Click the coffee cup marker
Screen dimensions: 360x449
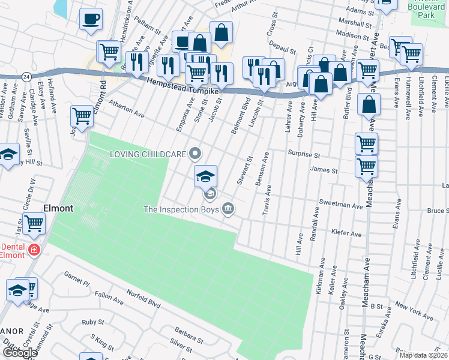91,19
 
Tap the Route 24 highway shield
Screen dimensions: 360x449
26,77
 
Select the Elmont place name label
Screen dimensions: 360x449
58,208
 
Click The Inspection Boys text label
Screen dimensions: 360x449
181,209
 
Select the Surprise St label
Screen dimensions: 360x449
304,154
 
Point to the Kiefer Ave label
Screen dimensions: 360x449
347,232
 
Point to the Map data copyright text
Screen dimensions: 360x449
423,355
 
